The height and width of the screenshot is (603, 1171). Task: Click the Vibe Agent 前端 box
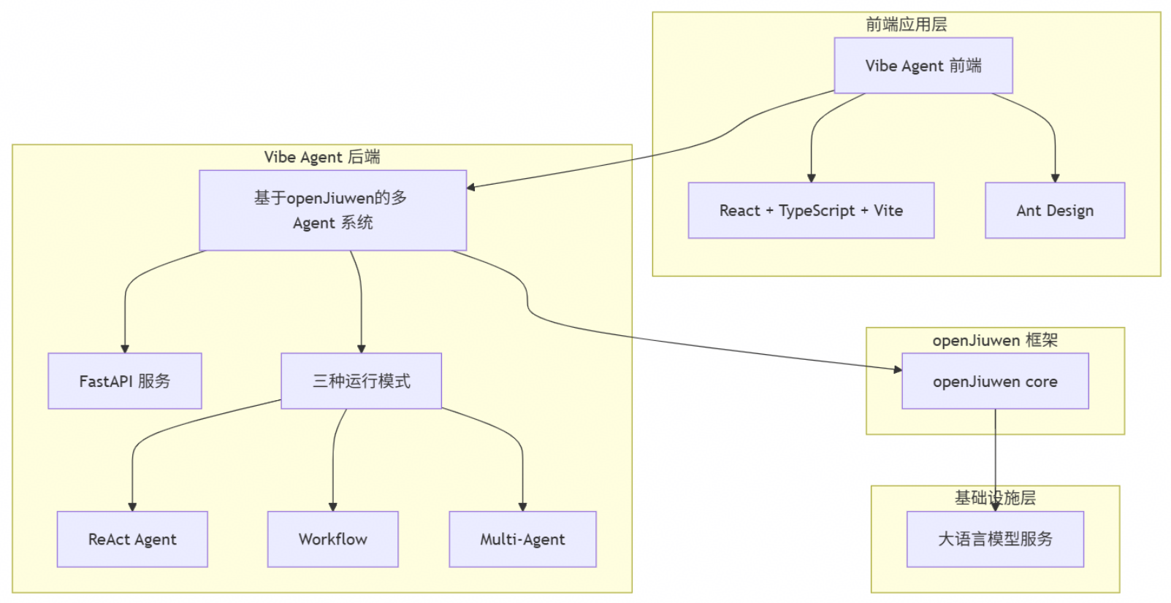pos(923,66)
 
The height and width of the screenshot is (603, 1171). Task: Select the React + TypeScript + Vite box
pos(811,210)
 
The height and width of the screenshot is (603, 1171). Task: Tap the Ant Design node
pos(1054,210)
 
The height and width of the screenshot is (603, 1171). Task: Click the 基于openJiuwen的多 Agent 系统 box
pos(332,210)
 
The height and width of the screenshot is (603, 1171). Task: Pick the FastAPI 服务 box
pos(124,381)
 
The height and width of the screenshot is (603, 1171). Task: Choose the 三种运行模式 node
pos(361,381)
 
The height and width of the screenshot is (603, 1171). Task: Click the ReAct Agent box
pos(132,539)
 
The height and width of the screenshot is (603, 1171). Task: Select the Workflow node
pos(332,539)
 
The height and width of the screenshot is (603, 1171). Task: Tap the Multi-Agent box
pos(522,539)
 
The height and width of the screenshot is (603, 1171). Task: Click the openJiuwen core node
pos(995,381)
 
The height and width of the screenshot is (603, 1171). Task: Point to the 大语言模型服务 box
pos(995,539)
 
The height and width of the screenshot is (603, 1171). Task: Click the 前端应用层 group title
pos(906,25)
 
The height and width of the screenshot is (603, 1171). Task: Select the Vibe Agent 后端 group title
pos(322,157)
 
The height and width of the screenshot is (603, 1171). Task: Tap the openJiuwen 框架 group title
pos(995,340)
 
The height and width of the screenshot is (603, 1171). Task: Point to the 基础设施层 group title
pos(995,498)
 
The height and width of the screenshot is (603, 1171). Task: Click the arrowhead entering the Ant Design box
pos(1055,178)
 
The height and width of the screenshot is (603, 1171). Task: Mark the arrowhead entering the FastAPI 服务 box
pos(125,349)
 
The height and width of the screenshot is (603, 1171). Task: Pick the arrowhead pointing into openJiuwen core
pos(898,369)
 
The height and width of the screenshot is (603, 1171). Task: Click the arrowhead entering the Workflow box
pos(333,507)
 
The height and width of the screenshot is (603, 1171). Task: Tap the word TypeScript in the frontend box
pos(816,210)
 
